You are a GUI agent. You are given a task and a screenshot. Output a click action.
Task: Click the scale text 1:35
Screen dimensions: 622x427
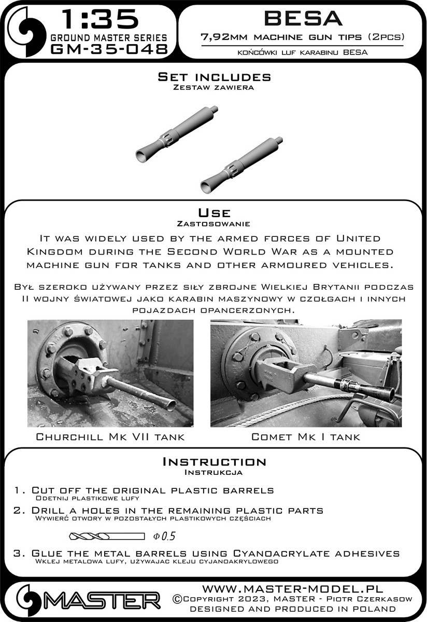(x=100, y=20)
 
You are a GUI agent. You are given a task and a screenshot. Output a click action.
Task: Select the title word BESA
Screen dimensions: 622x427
(x=303, y=19)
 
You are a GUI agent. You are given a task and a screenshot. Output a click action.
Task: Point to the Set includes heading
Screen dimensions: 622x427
(x=214, y=77)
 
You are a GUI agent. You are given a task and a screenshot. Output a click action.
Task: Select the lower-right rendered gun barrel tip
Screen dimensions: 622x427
(x=241, y=164)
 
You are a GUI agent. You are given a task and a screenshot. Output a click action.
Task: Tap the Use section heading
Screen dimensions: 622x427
(x=214, y=213)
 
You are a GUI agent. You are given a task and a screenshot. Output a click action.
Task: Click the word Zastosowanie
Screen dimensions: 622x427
(x=214, y=224)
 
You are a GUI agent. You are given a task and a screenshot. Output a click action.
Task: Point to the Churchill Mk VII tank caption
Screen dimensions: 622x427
(x=110, y=437)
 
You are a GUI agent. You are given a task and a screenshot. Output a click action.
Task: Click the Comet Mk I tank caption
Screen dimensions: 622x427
(x=305, y=437)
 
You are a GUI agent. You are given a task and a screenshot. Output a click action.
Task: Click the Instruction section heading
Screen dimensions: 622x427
(x=214, y=462)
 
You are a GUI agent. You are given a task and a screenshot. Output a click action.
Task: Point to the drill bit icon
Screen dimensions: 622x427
(x=106, y=535)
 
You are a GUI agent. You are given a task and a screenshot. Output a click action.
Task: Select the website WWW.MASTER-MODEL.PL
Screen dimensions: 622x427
(x=292, y=589)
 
